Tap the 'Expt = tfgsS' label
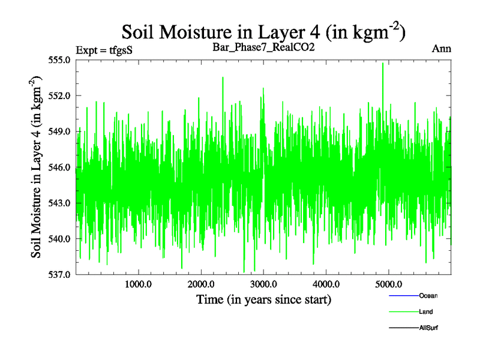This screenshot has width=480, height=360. [104, 50]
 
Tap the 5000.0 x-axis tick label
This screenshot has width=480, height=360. [389, 284]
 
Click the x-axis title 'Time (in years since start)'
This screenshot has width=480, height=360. [263, 299]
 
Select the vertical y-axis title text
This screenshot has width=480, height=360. [37, 167]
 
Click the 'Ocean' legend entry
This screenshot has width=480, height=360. [428, 296]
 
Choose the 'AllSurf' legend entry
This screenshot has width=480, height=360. [428, 328]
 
